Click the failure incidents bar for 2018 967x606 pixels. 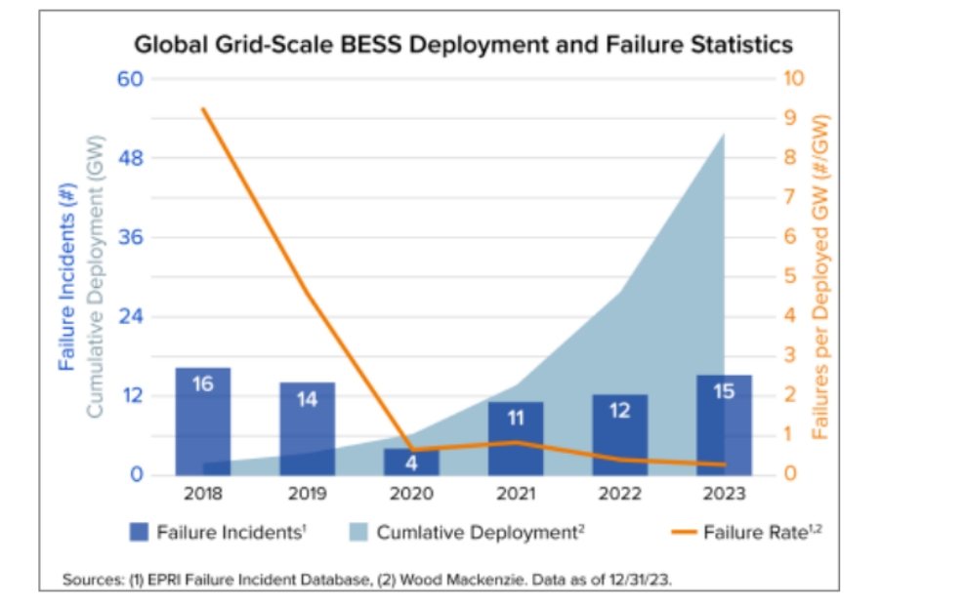(202, 420)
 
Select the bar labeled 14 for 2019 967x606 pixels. (307, 427)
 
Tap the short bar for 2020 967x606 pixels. (411, 462)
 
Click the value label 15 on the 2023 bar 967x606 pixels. (724, 391)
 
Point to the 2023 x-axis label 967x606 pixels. (724, 494)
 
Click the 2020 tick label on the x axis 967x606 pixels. (411, 494)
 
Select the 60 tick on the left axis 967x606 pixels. (130, 78)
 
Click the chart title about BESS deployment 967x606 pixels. (463, 45)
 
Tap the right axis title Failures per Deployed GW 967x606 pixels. (820, 276)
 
